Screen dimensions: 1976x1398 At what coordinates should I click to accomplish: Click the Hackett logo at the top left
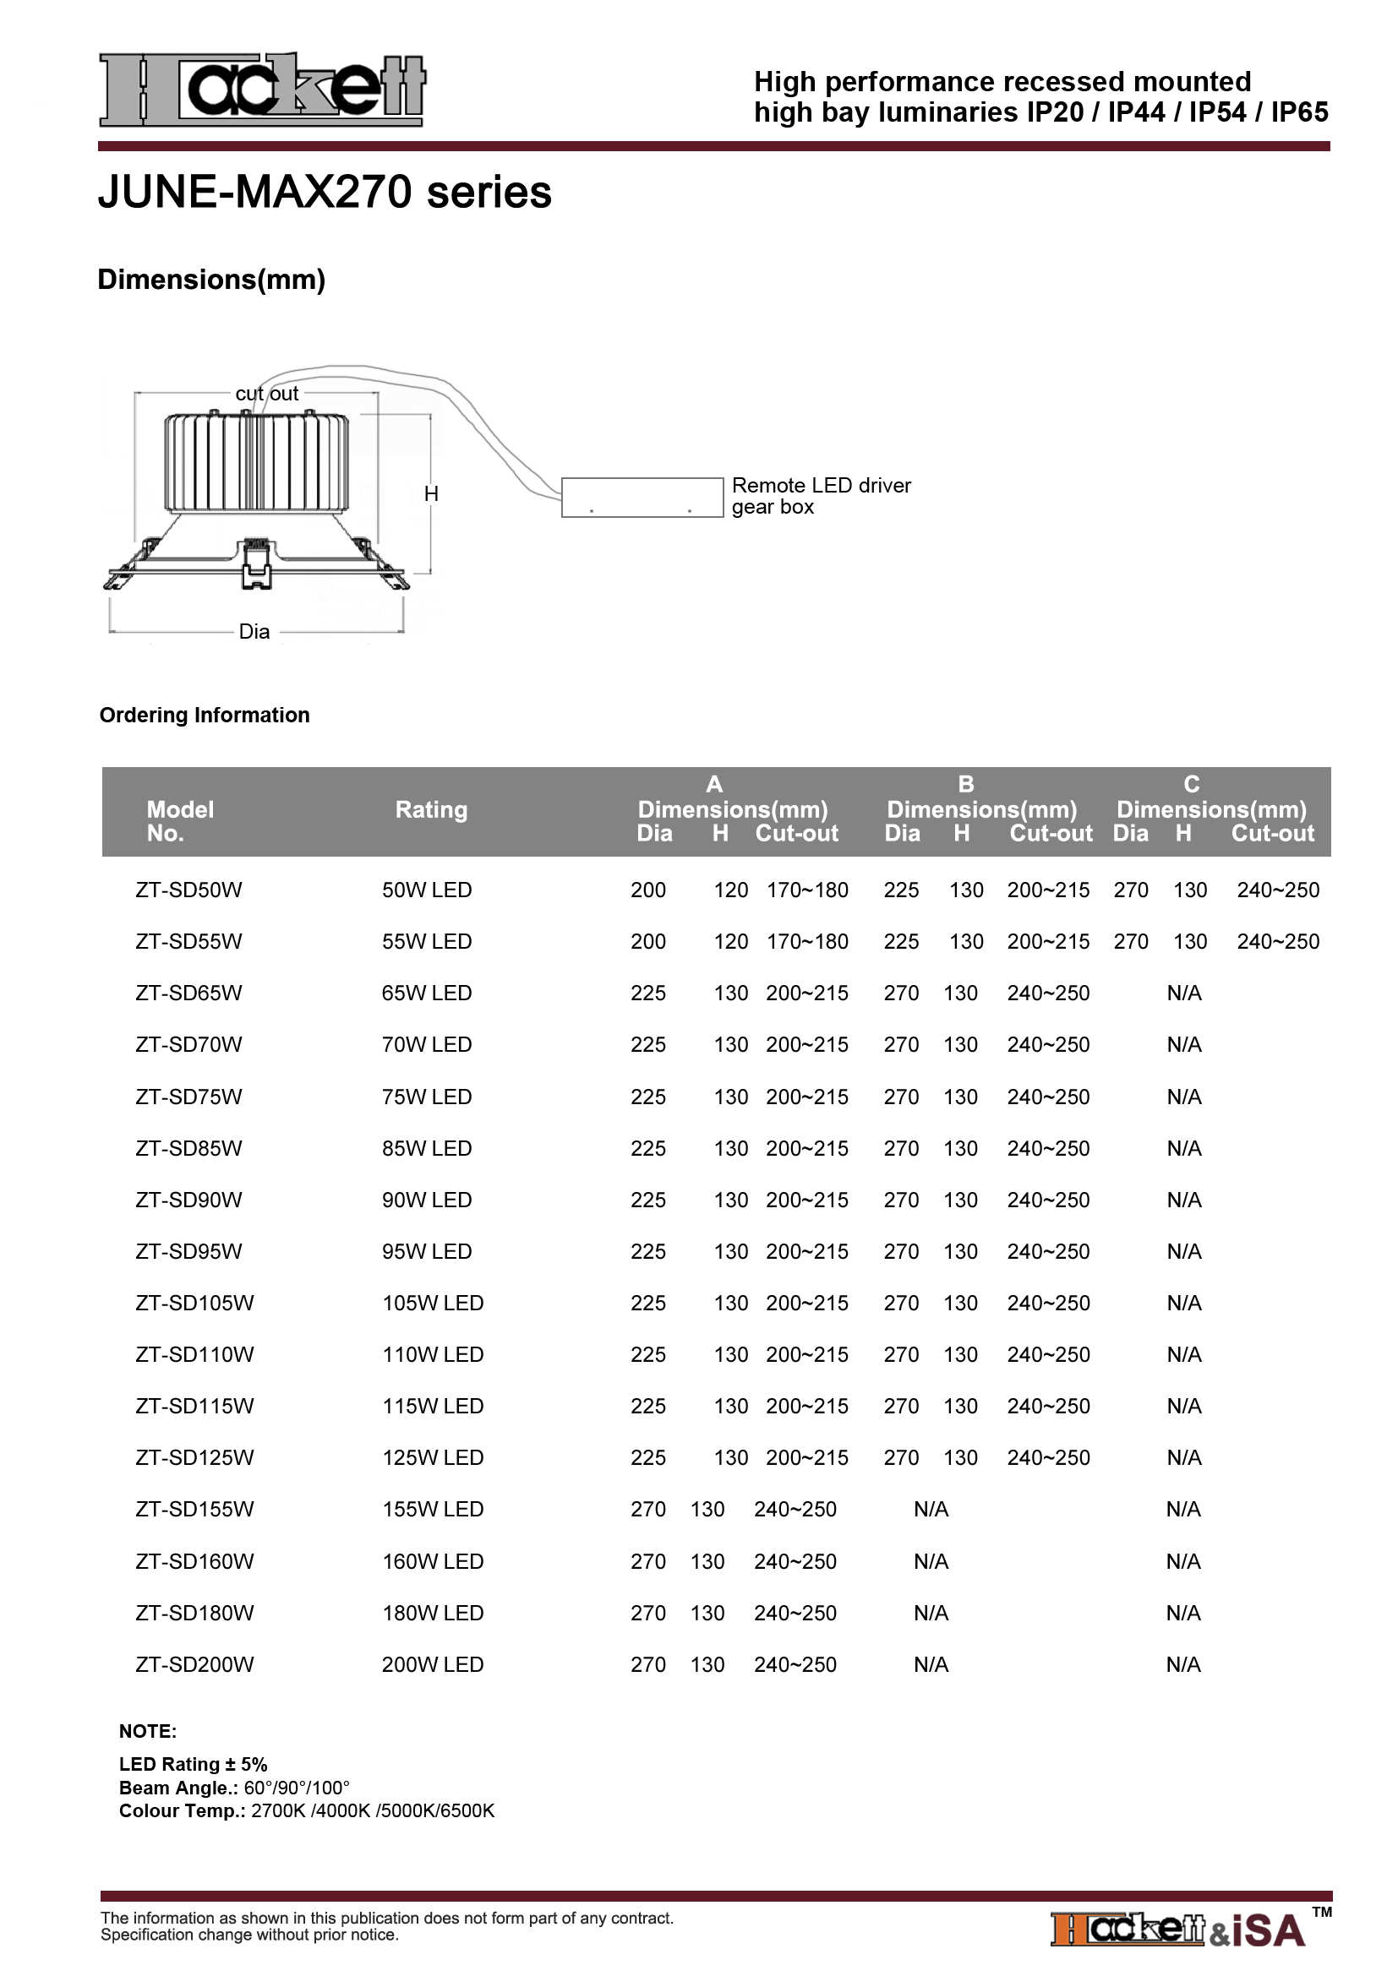click(263, 90)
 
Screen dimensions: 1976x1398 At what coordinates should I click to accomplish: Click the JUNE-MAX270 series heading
click(325, 192)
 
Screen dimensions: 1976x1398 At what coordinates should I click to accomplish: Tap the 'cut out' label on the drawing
click(267, 395)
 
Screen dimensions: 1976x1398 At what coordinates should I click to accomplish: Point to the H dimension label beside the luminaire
click(431, 494)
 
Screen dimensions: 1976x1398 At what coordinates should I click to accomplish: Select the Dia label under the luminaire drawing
click(254, 632)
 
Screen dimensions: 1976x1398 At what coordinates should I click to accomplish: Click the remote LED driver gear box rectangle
click(642, 498)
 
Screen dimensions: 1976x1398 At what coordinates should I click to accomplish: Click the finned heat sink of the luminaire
click(257, 462)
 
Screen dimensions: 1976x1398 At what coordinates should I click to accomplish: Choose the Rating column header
click(431, 810)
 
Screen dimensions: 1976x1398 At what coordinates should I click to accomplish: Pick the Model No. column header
click(179, 821)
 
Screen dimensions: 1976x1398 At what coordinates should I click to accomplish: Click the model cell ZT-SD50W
click(188, 890)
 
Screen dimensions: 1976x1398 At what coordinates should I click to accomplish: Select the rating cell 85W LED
click(427, 1148)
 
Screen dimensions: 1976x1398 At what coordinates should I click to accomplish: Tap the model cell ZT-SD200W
click(194, 1664)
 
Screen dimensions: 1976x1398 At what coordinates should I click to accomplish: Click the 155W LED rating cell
click(433, 1509)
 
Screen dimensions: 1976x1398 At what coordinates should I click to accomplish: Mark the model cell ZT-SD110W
click(194, 1353)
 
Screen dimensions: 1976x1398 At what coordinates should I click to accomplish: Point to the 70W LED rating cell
click(427, 1044)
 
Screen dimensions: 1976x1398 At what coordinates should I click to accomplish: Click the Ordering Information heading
click(204, 716)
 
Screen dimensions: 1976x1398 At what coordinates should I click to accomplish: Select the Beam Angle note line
click(234, 1788)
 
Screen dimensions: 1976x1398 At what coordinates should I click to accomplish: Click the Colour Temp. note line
click(307, 1810)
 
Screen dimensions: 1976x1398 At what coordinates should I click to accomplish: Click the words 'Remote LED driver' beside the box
click(821, 486)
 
